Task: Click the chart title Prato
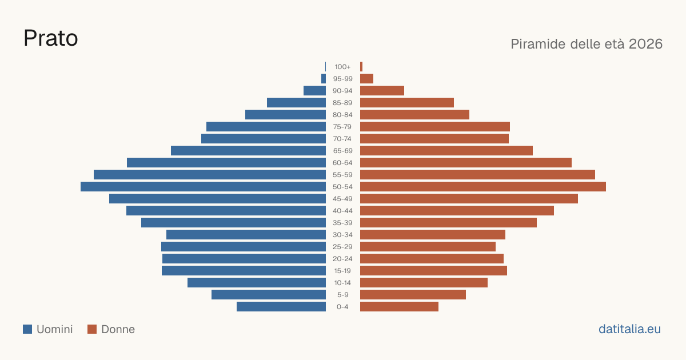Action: tap(51, 38)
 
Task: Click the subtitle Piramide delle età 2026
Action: tap(587, 44)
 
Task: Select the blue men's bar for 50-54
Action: tap(203, 187)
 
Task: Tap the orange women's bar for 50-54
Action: tap(483, 187)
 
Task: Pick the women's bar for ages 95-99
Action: tap(366, 79)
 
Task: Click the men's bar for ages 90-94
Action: tap(314, 91)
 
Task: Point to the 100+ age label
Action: tap(342, 67)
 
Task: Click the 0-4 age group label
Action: tap(342, 307)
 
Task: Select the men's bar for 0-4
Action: tap(281, 307)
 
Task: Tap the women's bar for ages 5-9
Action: tap(413, 295)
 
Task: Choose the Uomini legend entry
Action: tap(48, 329)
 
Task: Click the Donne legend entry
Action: tap(111, 329)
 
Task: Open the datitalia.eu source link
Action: tap(629, 329)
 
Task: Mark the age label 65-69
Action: tap(342, 151)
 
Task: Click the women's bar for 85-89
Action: tap(407, 102)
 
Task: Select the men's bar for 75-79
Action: tap(266, 127)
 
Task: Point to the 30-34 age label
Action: tap(342, 235)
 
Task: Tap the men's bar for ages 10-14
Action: tap(257, 282)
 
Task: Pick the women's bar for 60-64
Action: tap(466, 162)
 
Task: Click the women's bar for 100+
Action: tap(361, 67)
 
